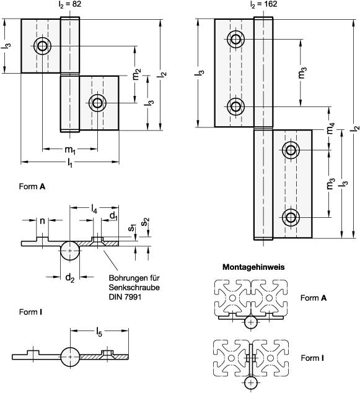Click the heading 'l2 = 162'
click(264, 4)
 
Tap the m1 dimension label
click(70, 150)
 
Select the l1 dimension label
click(70, 163)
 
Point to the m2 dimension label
click(136, 74)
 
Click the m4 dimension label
click(331, 128)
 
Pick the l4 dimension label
click(94, 209)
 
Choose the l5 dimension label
click(99, 332)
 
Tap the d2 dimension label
click(70, 278)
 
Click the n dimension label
click(43, 221)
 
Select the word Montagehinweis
click(253, 267)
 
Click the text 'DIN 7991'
click(125, 297)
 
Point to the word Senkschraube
click(134, 288)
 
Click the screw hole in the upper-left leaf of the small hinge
click(42, 46)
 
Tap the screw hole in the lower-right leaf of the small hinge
click(97, 103)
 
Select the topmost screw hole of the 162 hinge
click(235, 39)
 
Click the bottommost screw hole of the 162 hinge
click(291, 217)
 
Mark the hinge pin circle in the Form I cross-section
click(70, 356)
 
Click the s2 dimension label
click(146, 222)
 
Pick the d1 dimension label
click(113, 216)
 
